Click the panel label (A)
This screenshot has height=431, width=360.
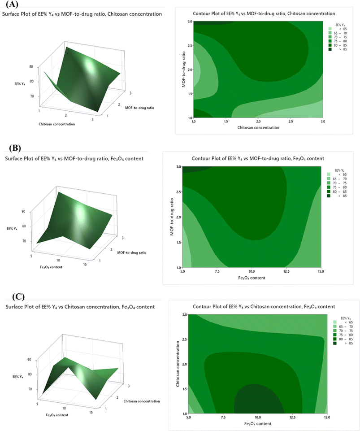point(12,4)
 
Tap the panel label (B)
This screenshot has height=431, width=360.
point(15,148)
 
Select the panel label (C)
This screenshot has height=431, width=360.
point(18,296)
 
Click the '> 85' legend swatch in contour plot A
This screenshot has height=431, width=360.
point(330,49)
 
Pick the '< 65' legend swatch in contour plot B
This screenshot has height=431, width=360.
point(329,174)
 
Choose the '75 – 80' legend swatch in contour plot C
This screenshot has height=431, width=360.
point(335,335)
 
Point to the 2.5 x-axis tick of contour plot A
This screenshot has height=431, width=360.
point(291,122)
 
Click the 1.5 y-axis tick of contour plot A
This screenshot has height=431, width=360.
point(190,94)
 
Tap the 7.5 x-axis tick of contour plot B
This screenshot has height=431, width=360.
point(217,271)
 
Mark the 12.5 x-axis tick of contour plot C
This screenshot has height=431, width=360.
point(292,417)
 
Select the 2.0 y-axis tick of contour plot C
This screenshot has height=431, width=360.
point(185,364)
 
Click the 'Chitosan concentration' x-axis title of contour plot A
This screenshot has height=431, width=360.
point(258,127)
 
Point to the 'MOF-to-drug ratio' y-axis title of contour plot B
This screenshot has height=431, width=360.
point(172,217)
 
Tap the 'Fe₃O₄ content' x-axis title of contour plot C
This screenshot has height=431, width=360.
point(258,423)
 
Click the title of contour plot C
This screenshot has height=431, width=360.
point(264,306)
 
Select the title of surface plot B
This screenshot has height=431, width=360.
point(74,159)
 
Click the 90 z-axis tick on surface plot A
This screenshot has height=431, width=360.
point(31,66)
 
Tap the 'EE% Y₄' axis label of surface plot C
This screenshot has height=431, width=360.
point(18,377)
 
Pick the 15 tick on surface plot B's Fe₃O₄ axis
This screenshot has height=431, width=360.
point(85,265)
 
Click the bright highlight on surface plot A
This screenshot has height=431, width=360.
point(90,66)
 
